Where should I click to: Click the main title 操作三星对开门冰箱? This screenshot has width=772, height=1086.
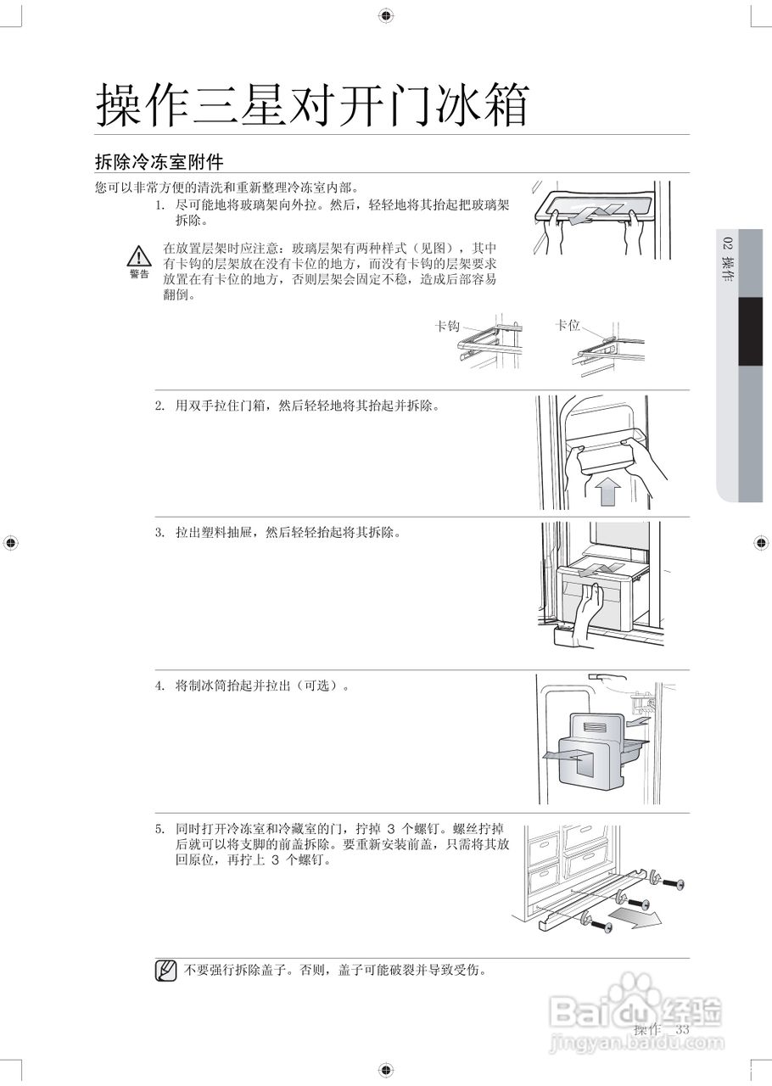312,107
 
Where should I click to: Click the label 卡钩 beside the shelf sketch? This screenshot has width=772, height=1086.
447,326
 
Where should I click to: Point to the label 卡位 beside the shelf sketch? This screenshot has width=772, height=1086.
568,325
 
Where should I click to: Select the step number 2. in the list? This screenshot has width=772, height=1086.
159,406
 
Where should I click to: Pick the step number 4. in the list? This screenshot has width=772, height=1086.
159,686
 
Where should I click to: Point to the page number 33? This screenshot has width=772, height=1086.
682,1030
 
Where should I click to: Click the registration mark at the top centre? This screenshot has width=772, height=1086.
385,15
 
